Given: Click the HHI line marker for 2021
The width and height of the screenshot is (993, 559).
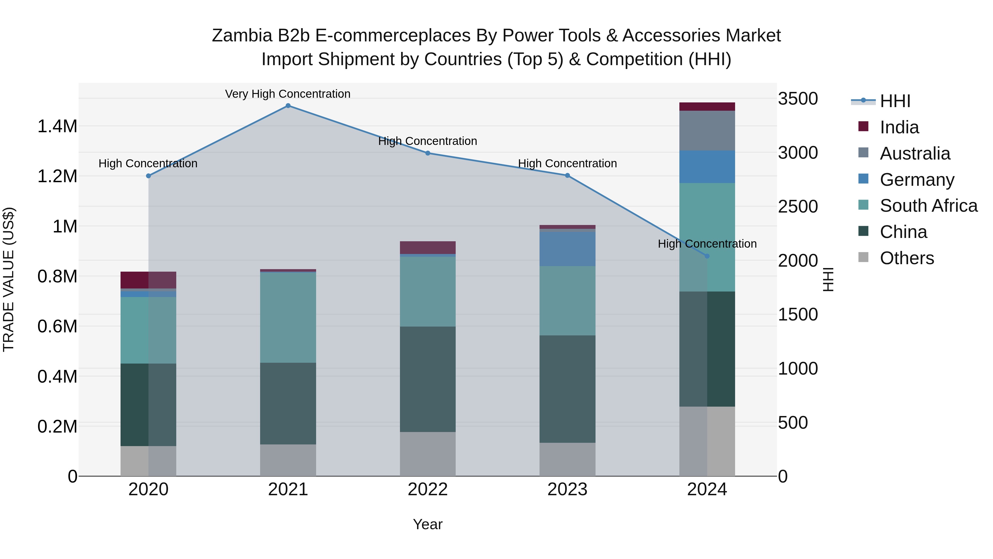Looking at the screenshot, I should tap(288, 106).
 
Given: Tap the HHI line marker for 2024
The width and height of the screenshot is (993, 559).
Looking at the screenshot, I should tap(707, 256).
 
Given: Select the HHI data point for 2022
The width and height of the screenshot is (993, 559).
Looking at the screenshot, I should tap(428, 153).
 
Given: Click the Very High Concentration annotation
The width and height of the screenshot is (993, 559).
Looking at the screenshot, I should tap(288, 94).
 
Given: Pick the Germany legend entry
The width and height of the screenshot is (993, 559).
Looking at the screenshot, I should tap(917, 180).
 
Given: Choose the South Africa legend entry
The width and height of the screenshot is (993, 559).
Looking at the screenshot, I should tap(928, 206).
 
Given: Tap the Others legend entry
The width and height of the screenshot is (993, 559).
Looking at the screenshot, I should tap(907, 258).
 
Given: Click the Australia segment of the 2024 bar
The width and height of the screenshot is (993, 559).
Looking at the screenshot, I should tap(707, 131).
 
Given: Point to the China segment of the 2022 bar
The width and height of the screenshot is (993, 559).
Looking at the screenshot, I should tap(428, 379).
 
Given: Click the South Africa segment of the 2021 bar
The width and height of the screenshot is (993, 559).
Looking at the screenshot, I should tap(288, 317).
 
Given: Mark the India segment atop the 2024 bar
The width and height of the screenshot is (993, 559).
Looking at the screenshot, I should tap(707, 107).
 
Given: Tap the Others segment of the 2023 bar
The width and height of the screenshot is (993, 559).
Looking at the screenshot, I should tap(567, 459).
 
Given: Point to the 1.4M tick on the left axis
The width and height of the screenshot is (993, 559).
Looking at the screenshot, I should tap(57, 126).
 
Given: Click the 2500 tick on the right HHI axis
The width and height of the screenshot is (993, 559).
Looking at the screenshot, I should tap(797, 207).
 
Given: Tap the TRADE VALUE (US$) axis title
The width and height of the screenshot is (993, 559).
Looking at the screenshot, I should tap(9, 279).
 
